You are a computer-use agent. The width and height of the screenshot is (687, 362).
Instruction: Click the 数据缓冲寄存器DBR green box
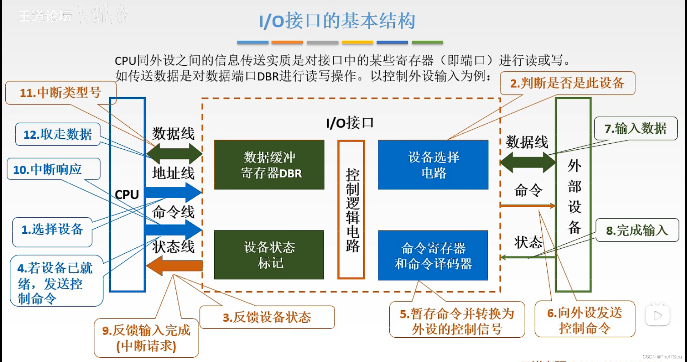pos(269,165)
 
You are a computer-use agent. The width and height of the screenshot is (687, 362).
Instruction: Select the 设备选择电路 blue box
pos(433,165)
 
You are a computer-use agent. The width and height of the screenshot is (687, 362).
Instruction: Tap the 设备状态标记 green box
pos(269,255)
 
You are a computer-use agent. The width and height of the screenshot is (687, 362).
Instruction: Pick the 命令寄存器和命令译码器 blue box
pos(433,256)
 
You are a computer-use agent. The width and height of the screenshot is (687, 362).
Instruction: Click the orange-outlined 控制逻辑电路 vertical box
pos(351,209)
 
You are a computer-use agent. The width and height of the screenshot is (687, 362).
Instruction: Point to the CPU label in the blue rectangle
pos(127,195)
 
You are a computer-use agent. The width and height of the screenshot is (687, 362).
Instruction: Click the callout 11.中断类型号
pos(60,93)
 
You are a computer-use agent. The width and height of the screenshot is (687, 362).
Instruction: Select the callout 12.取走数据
pos(58,134)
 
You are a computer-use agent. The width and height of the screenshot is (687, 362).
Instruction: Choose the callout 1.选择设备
pos(52,229)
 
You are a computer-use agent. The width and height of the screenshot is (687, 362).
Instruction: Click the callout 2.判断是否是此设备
pos(567,83)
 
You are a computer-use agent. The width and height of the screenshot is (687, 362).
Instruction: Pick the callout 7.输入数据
pos(635,128)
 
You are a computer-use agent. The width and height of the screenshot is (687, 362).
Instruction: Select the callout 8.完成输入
pos(637,230)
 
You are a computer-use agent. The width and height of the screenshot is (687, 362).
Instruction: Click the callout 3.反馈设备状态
pos(267,317)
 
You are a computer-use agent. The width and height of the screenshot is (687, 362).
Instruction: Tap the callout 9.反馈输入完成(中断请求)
pos(146,338)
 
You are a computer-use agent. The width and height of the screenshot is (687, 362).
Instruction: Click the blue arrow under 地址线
pos(174,192)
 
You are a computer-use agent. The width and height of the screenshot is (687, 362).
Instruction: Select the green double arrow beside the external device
pos(527,162)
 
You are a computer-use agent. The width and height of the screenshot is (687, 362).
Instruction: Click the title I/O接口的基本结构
pos(337,21)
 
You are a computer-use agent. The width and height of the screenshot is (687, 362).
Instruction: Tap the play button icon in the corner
pos(658,315)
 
